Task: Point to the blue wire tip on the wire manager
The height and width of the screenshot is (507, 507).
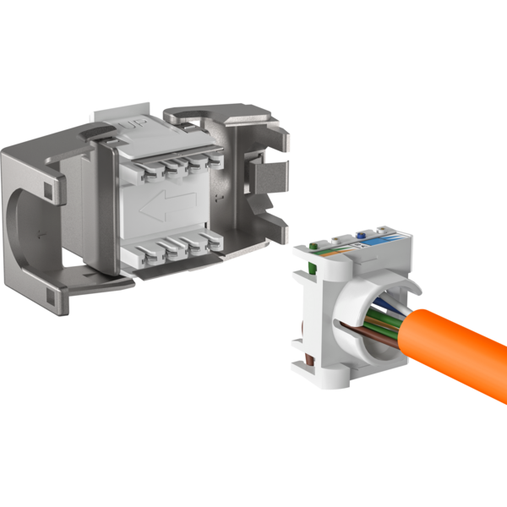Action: [363, 238]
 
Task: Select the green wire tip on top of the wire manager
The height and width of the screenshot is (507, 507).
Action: [313, 248]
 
